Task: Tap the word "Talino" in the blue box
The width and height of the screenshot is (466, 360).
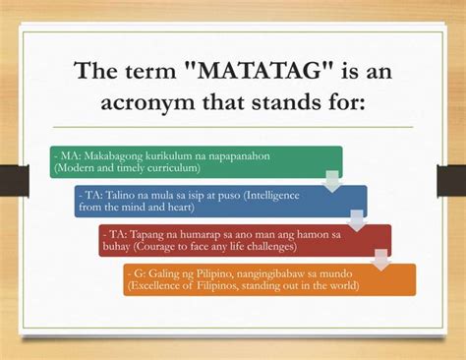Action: (116, 195)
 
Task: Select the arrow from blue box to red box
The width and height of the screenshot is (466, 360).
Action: (357, 220)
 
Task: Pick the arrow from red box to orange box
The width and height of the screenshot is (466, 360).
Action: (381, 260)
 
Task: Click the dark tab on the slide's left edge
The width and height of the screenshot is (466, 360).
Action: (14, 179)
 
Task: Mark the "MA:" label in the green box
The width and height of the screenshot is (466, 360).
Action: (69, 156)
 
